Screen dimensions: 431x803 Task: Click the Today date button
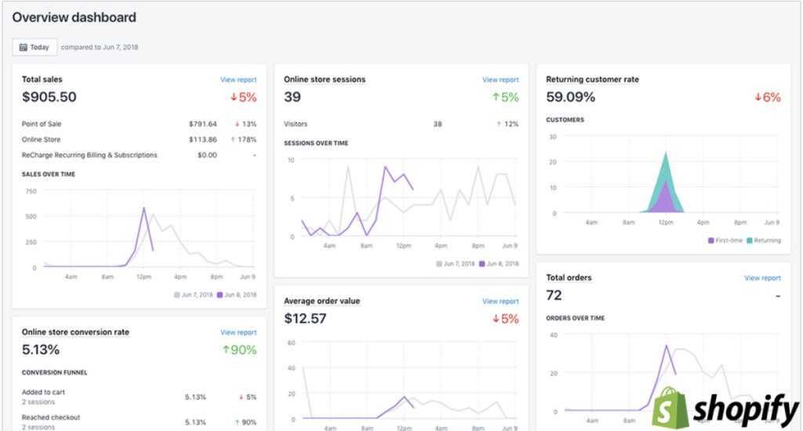(x=35, y=47)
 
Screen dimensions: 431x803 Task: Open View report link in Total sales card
(x=238, y=80)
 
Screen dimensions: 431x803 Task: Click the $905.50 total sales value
(x=49, y=97)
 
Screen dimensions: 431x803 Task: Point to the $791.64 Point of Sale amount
(x=203, y=124)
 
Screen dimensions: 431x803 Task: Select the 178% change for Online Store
(x=245, y=139)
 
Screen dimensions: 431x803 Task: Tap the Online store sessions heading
(x=325, y=79)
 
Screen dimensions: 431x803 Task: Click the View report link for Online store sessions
(x=500, y=80)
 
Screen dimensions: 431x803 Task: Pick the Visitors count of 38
(x=438, y=124)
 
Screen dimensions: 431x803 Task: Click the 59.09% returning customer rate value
(x=571, y=97)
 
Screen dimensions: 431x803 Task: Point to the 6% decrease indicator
(x=768, y=97)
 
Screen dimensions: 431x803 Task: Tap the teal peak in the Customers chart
(x=666, y=155)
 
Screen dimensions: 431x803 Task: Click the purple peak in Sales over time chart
(x=144, y=209)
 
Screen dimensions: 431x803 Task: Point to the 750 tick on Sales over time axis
(x=31, y=190)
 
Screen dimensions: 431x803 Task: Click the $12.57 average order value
(x=305, y=319)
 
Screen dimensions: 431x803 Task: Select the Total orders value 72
(x=554, y=295)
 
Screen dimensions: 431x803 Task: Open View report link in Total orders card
(x=762, y=278)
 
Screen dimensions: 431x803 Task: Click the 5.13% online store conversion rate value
(x=41, y=350)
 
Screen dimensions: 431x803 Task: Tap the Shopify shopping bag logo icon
(x=670, y=407)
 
